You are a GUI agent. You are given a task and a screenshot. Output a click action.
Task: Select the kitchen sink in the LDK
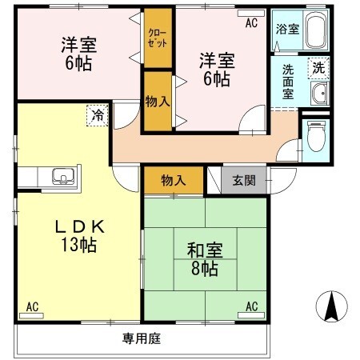[x=60, y=175]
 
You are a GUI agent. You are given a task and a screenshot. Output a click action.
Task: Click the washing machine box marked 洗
[x=319, y=68]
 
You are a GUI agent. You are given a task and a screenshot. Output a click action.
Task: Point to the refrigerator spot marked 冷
[x=96, y=115]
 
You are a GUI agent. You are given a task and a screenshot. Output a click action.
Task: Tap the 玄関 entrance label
[x=244, y=181]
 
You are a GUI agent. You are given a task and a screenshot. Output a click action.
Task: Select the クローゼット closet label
[x=158, y=38]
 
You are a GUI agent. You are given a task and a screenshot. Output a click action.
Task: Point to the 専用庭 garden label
[x=142, y=338]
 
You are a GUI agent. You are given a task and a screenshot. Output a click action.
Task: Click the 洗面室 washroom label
[x=287, y=80]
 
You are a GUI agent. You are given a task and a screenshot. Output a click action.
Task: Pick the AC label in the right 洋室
[x=251, y=22]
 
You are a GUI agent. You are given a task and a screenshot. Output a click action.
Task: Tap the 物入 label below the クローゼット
[x=157, y=101]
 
